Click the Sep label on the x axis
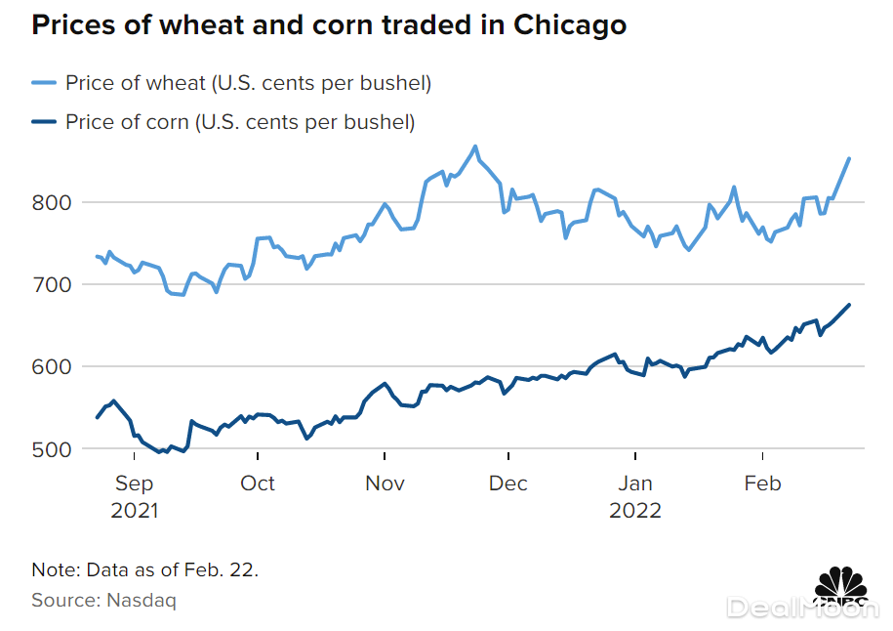(x=134, y=484)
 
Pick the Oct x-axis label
(x=258, y=484)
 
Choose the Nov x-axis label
(x=385, y=484)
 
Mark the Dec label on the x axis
(x=507, y=484)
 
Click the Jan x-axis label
(x=635, y=484)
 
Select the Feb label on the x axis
(x=761, y=484)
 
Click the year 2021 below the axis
(x=134, y=511)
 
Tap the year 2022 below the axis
(x=635, y=511)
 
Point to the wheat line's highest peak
(x=475, y=147)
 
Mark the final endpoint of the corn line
(x=849, y=305)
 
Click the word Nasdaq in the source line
(x=145, y=600)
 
